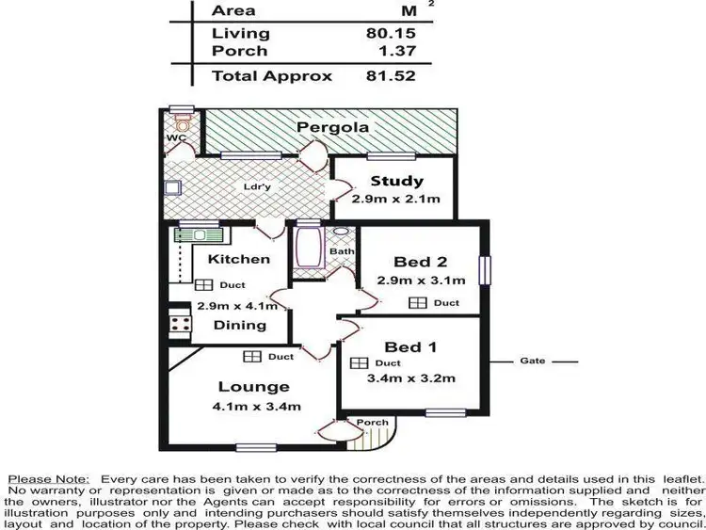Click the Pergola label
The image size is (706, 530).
(330, 127)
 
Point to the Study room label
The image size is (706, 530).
(396, 182)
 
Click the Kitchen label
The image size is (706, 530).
(239, 259)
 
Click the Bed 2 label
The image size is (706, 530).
(414, 262)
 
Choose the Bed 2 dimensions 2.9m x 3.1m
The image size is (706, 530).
(422, 280)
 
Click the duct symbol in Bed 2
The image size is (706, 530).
(417, 303)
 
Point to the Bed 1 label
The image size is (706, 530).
(415, 346)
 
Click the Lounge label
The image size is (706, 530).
(254, 387)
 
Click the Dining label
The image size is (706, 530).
(239, 325)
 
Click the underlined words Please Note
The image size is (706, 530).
(49, 480)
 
